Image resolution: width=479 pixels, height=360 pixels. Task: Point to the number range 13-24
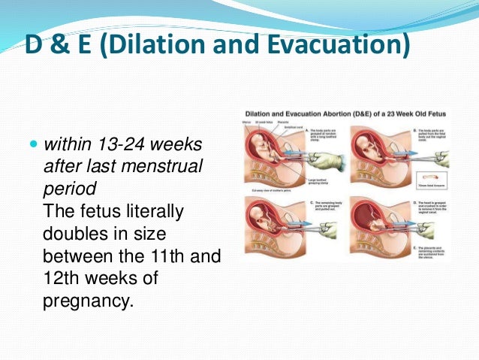119,143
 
